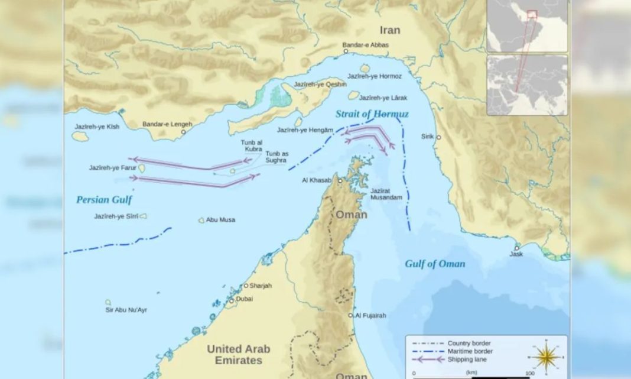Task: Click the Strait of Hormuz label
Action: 372,114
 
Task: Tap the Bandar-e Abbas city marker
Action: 346,51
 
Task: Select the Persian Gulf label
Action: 104,200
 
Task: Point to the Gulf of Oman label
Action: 435,264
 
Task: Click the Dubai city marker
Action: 232,300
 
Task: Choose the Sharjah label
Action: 261,286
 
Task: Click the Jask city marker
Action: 517,248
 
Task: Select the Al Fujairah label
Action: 371,316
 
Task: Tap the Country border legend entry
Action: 469,343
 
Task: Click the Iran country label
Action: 389,30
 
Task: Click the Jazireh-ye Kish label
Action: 97,127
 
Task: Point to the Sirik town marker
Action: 438,137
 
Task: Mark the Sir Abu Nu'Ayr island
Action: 108,302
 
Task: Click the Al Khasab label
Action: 317,180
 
